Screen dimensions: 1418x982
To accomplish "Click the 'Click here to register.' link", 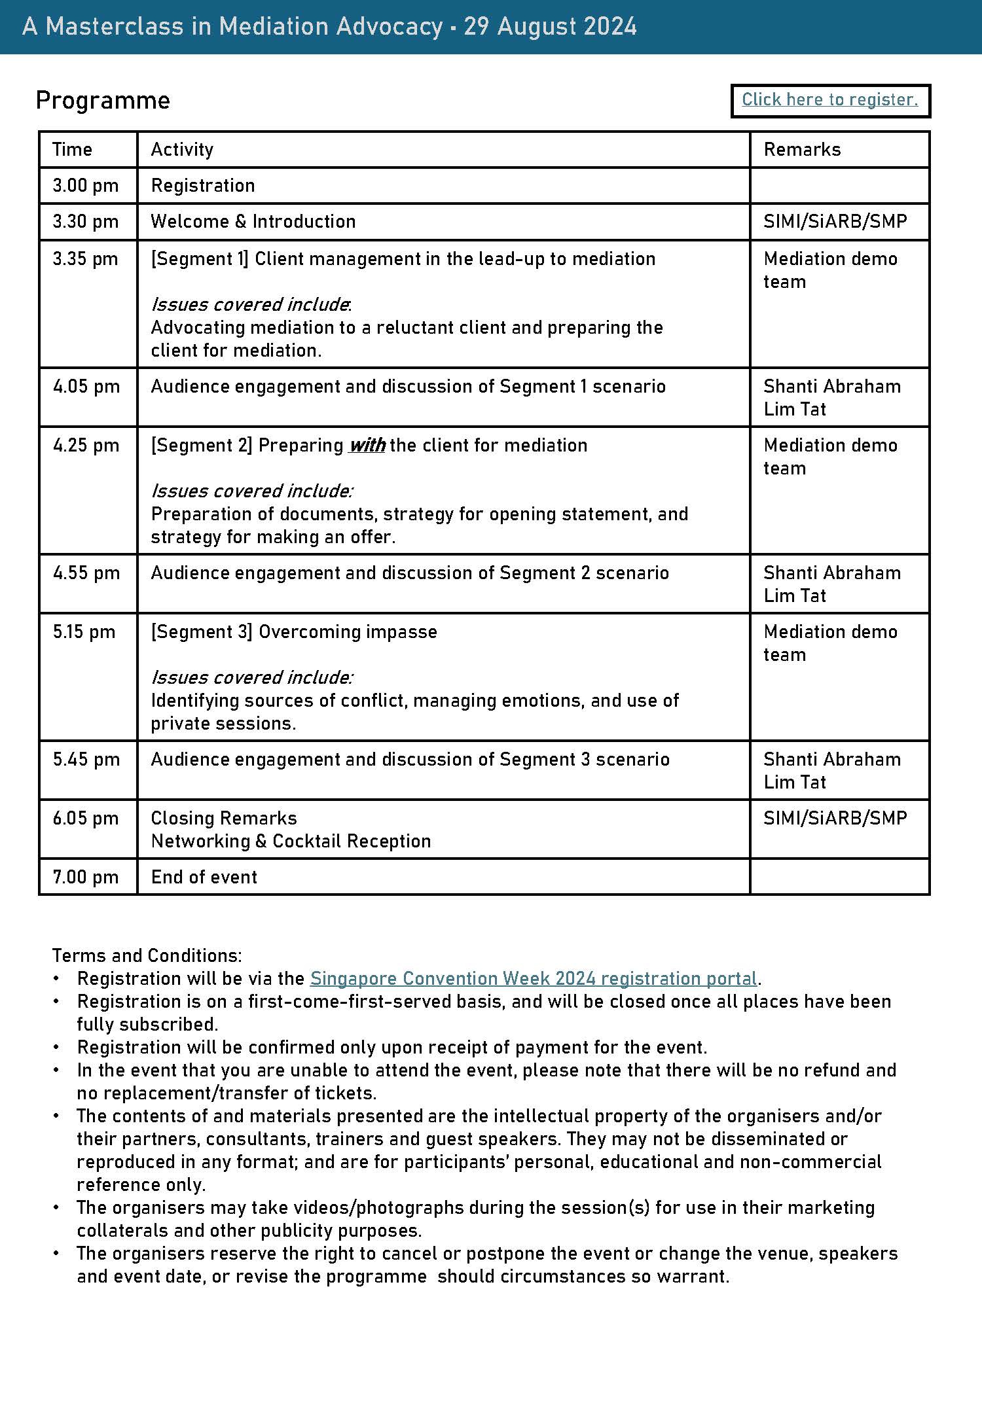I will (x=829, y=99).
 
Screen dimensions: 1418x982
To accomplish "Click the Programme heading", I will (x=103, y=100).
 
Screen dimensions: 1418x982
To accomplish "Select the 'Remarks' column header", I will (x=802, y=149).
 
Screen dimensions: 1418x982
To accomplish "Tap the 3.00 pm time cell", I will (x=85, y=185).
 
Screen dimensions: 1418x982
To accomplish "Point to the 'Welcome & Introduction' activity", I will (x=253, y=221).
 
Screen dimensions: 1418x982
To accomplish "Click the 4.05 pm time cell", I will (x=86, y=386).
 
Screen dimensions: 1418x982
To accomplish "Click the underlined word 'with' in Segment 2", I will (x=367, y=446).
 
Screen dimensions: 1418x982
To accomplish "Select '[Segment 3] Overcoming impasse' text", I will (x=294, y=631).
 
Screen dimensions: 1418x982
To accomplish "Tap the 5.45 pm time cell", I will (x=86, y=759).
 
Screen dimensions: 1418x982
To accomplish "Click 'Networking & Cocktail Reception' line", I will (x=291, y=841).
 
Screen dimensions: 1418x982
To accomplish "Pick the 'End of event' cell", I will (x=204, y=877).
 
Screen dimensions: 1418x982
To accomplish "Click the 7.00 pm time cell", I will (x=85, y=877).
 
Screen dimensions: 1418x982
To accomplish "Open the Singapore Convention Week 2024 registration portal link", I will (x=533, y=978).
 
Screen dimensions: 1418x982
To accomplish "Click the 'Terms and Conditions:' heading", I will (x=147, y=955).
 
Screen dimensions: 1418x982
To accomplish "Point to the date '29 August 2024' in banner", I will (x=550, y=26).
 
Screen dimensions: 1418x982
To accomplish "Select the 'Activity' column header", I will (x=182, y=149).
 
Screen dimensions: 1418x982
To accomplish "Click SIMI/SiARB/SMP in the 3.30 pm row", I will (x=835, y=221).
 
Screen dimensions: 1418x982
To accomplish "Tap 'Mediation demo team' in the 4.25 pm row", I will (x=829, y=456).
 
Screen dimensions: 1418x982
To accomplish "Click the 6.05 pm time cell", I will (x=85, y=818).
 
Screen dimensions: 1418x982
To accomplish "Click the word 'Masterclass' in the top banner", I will (x=128, y=26).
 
